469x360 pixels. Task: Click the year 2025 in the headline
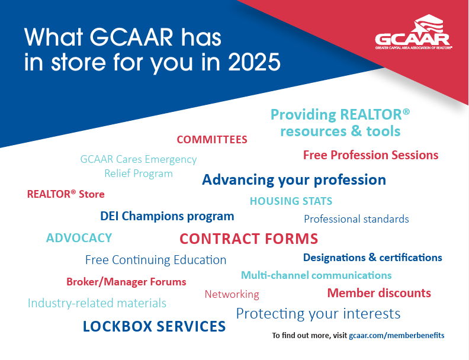pos(254,62)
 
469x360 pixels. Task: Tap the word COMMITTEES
pos(212,140)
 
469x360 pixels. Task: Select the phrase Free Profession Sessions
pos(371,155)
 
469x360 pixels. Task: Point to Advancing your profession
pos(294,180)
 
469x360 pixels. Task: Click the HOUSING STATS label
pos(291,201)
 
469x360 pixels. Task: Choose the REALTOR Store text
pos(66,194)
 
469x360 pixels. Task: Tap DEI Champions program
pos(167,217)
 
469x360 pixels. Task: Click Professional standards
pos(356,219)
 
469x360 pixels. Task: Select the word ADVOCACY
pos(79,238)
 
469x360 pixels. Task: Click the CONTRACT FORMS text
pos(249,239)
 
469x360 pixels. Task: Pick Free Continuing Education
pos(156,260)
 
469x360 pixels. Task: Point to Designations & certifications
pos(372,258)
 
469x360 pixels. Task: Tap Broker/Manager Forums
pos(126,282)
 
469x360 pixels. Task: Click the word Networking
pos(232,294)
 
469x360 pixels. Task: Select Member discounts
pos(379,293)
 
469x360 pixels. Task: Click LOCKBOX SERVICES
pos(154,326)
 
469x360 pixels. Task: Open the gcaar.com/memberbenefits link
pos(397,336)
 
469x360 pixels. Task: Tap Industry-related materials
pos(97,303)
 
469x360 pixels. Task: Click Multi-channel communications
pos(316,275)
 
